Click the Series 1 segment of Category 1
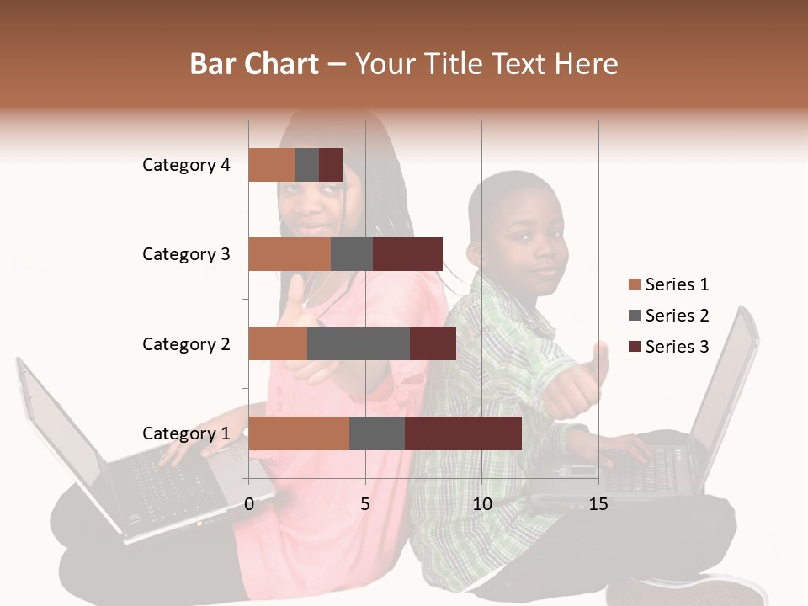[299, 433]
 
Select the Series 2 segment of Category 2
[359, 343]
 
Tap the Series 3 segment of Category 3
[407, 254]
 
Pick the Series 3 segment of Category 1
[463, 433]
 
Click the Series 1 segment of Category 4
[272, 165]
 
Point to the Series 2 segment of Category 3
[352, 254]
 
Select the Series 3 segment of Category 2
[433, 343]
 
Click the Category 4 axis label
[186, 165]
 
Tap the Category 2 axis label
[186, 343]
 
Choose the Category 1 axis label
[186, 433]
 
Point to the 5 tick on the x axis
[365, 504]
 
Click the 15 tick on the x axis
[598, 504]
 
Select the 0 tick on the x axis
[249, 504]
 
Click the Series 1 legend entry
[668, 284]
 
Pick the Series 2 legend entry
[668, 316]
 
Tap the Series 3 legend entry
[668, 347]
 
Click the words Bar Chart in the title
[254, 63]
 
